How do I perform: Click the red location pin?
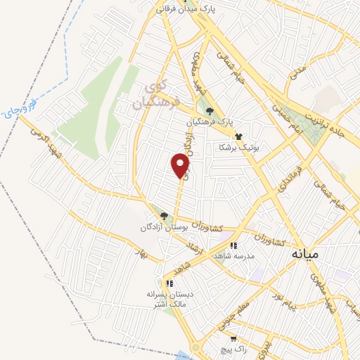181,166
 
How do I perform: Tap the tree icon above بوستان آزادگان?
165,217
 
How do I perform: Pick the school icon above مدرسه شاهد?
233,246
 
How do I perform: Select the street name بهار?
144,257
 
